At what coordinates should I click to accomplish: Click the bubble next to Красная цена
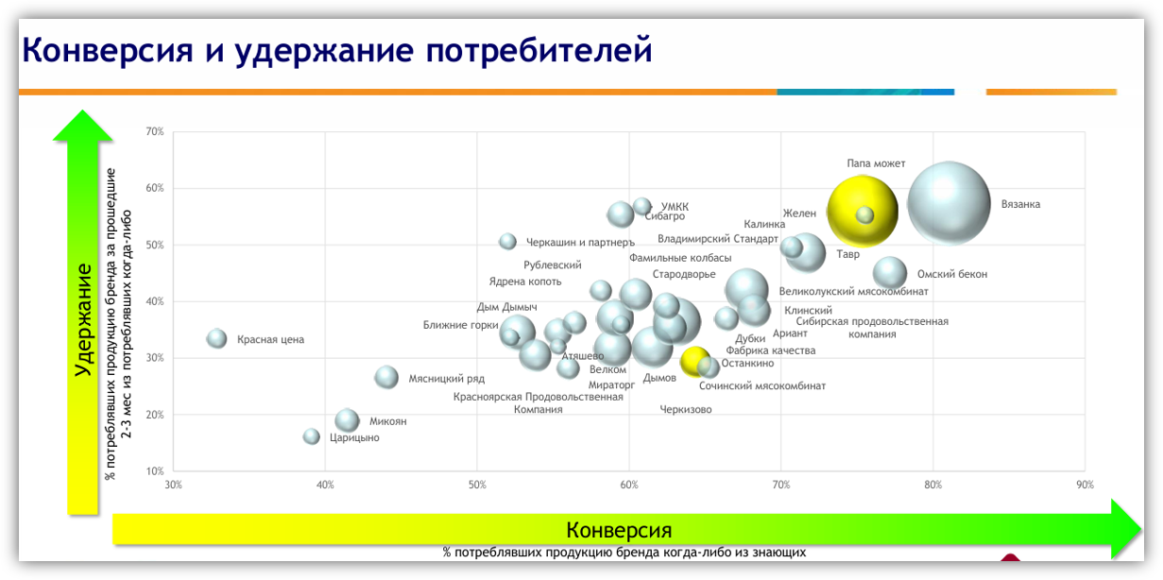(x=217, y=338)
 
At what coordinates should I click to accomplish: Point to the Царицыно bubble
(x=312, y=436)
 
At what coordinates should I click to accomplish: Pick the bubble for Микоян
(x=348, y=420)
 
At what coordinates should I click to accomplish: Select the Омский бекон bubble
(x=889, y=273)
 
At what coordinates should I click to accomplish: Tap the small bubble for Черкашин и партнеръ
(x=507, y=241)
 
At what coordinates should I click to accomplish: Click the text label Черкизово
(x=686, y=410)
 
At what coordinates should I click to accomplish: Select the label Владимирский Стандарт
(x=718, y=239)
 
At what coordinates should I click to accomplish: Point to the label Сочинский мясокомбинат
(x=762, y=385)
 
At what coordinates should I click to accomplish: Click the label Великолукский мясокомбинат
(x=853, y=292)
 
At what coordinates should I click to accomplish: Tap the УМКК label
(x=675, y=207)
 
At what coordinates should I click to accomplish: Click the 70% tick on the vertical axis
(x=154, y=131)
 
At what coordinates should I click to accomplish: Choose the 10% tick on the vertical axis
(x=154, y=470)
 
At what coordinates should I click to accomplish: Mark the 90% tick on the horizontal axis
(x=1084, y=485)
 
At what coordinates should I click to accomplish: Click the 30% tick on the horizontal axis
(x=173, y=485)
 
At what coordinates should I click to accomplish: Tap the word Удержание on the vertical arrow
(x=84, y=319)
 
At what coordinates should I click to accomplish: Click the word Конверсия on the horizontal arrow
(x=619, y=529)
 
